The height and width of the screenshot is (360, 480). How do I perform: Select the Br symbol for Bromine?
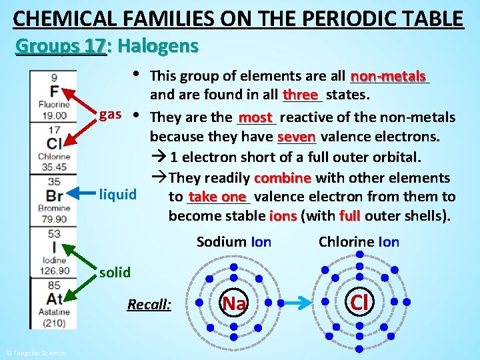click(55, 195)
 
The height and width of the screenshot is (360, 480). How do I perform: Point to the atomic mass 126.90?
click(54, 270)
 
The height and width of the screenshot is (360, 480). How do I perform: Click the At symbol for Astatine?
click(54, 299)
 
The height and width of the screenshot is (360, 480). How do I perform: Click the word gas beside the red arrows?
click(110, 114)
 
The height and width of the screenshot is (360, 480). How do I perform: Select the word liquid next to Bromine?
click(117, 195)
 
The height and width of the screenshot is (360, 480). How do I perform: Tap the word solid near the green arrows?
click(115, 272)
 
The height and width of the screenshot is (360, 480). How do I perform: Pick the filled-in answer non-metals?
click(388, 77)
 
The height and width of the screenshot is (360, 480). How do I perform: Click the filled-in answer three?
click(302, 95)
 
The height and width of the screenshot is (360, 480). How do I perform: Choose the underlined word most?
click(255, 119)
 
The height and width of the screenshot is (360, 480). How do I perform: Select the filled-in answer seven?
click(296, 137)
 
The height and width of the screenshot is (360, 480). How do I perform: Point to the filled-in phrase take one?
click(217, 197)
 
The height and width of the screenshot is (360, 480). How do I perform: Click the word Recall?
click(149, 305)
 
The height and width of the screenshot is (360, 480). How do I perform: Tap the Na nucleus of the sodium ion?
click(233, 303)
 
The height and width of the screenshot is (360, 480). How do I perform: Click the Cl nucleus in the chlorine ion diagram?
click(359, 303)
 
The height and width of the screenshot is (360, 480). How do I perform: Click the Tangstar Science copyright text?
click(35, 353)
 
